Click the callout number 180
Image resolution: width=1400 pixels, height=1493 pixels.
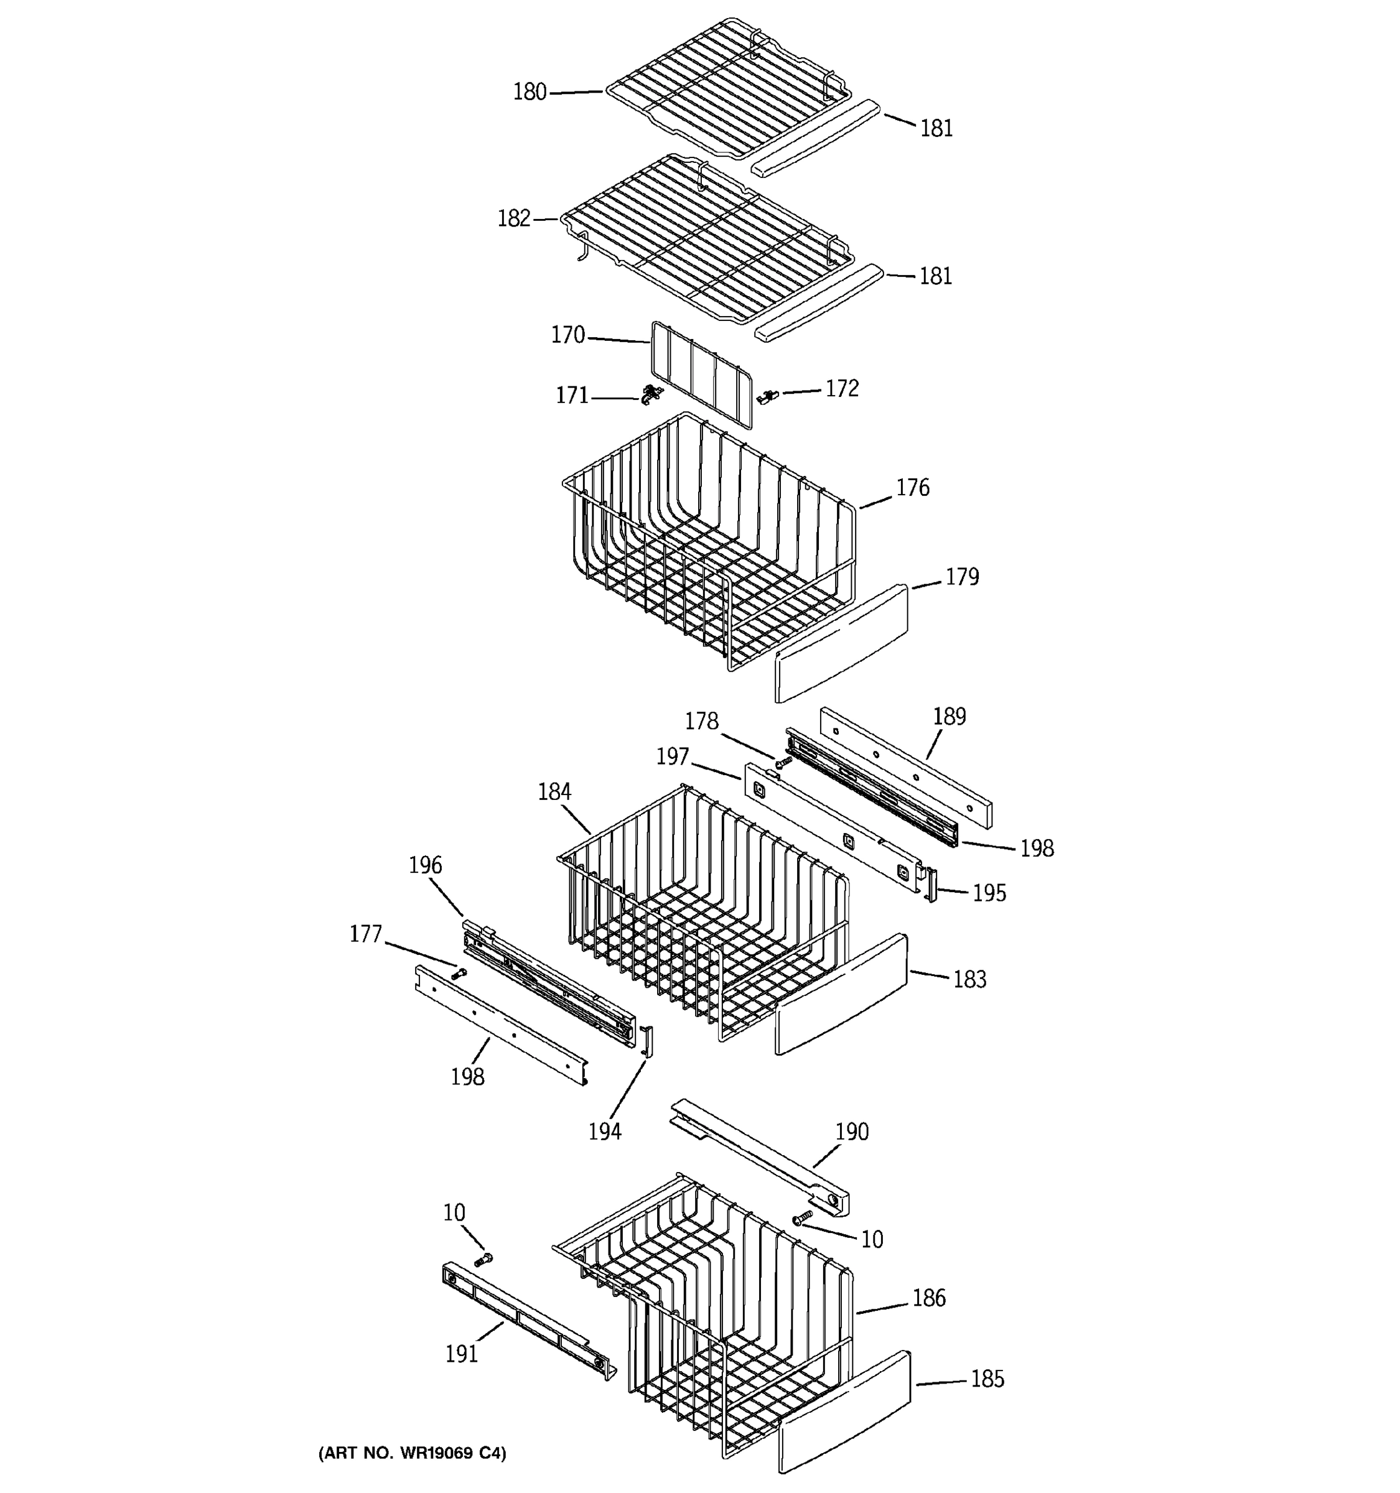pyautogui.click(x=530, y=92)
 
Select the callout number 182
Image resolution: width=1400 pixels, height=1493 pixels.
pyautogui.click(x=514, y=218)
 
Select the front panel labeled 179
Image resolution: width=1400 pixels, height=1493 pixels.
pyautogui.click(x=841, y=644)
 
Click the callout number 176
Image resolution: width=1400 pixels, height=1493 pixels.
pyautogui.click(x=913, y=488)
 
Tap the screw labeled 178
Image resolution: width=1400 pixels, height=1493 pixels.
pyautogui.click(x=783, y=761)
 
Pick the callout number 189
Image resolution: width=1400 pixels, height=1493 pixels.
pyautogui.click(x=949, y=717)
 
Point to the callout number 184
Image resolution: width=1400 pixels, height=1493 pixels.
pyautogui.click(x=554, y=791)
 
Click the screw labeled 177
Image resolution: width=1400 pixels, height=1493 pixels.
pyautogui.click(x=458, y=974)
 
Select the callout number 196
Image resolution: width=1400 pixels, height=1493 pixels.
pyautogui.click(x=425, y=865)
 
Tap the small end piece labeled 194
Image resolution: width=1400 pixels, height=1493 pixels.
pyautogui.click(x=648, y=1041)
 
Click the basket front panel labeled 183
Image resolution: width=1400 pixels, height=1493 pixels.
pyautogui.click(x=841, y=994)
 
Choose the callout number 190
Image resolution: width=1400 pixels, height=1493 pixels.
pyautogui.click(x=852, y=1132)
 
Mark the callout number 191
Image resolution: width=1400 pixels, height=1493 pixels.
pyautogui.click(x=461, y=1354)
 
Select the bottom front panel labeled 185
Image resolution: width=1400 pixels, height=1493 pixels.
pyautogui.click(x=844, y=1410)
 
